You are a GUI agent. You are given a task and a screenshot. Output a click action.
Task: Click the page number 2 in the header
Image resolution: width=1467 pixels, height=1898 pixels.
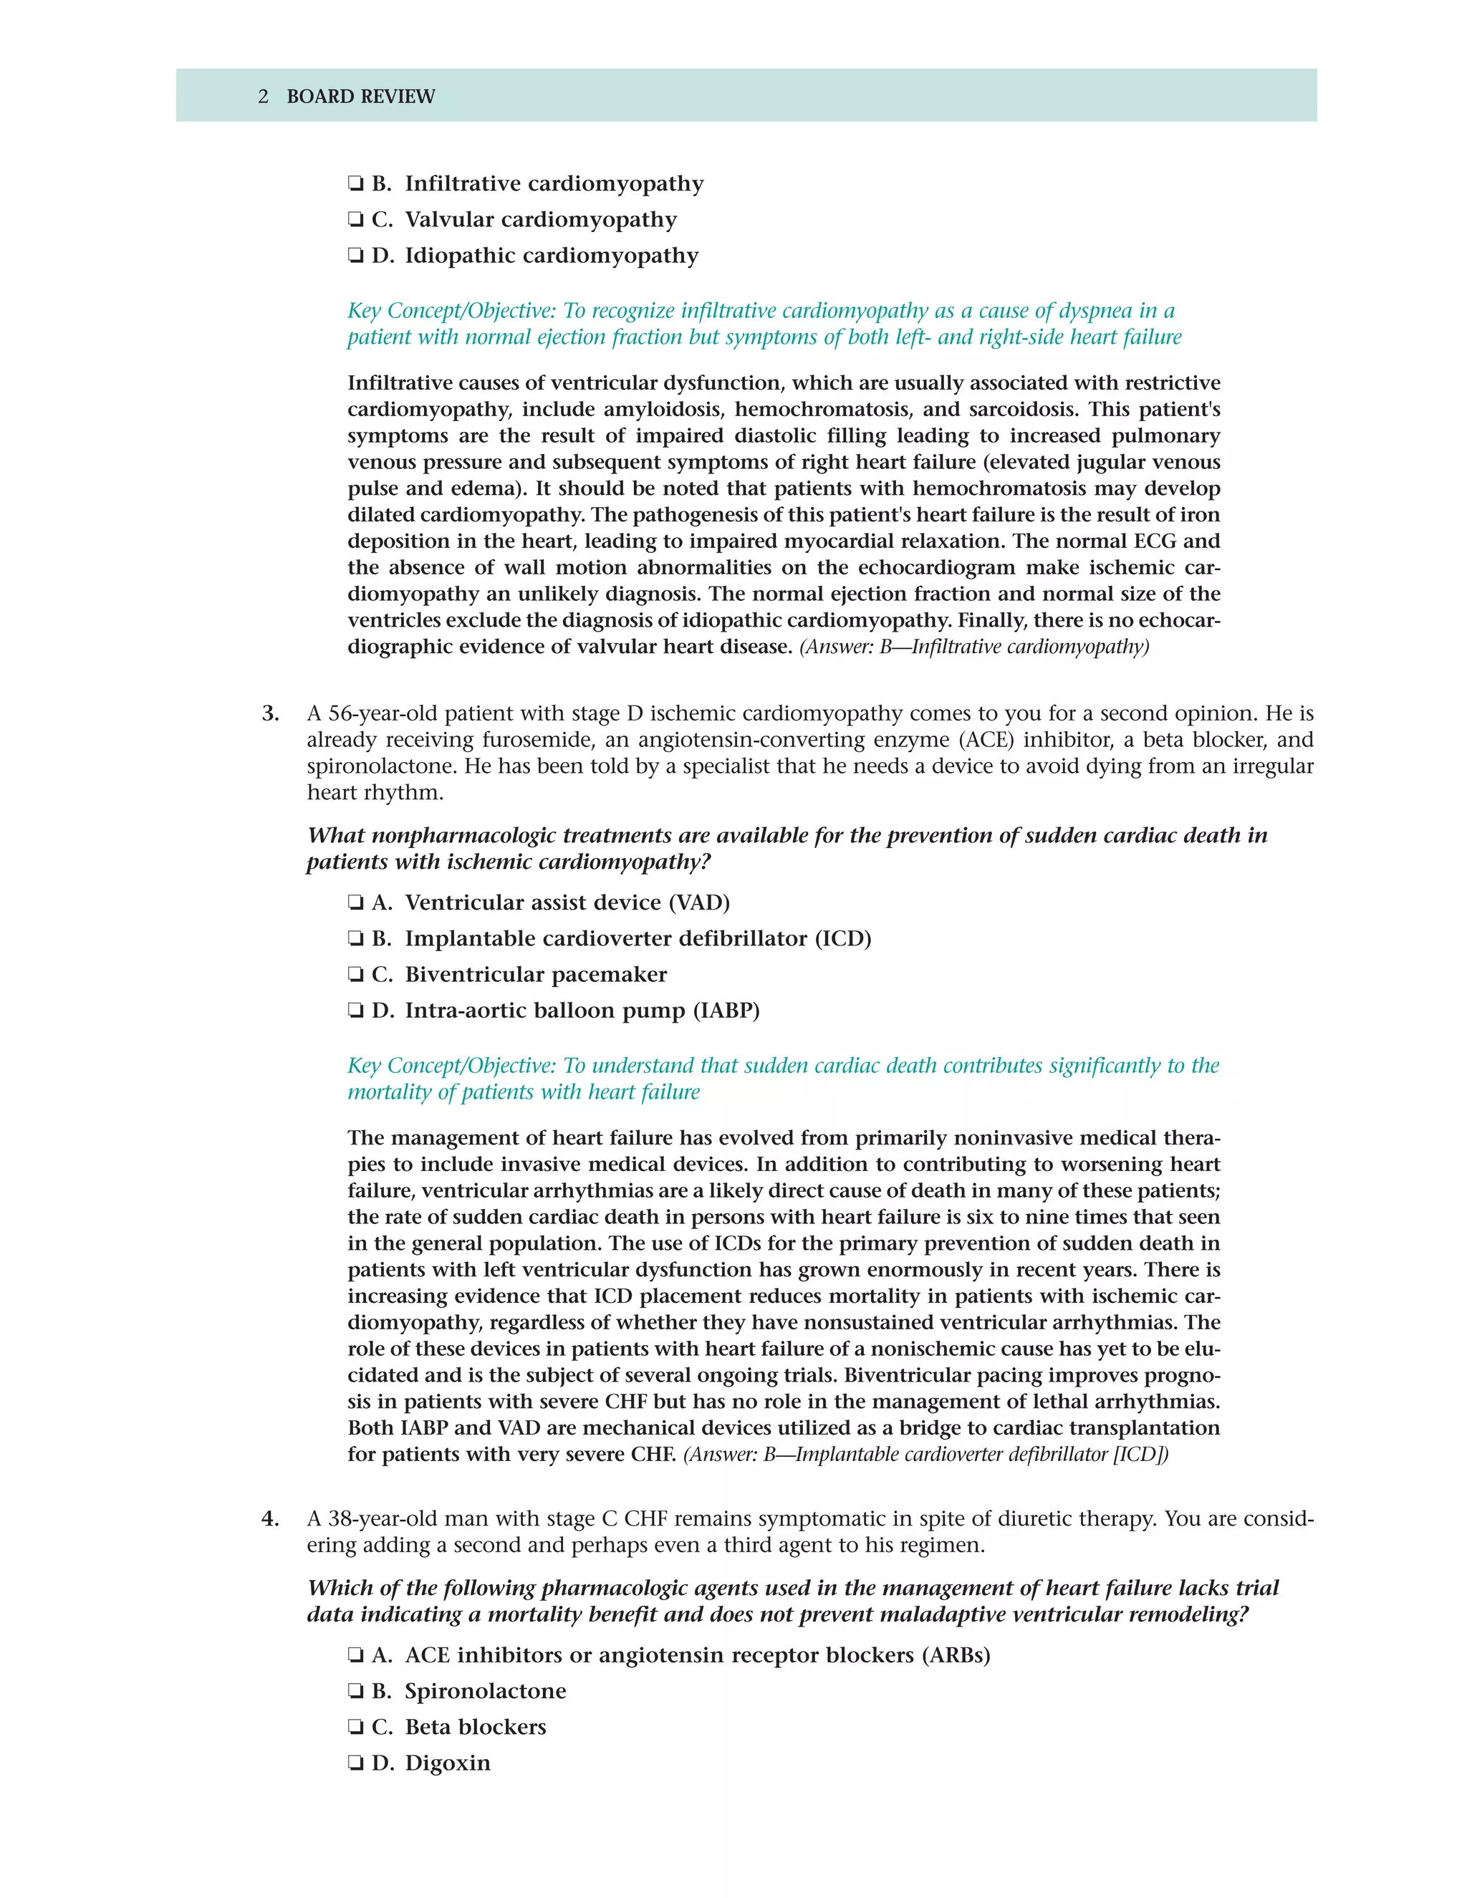pyautogui.click(x=264, y=97)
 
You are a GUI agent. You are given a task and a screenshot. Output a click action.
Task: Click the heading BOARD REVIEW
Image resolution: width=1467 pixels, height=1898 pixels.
pyautogui.click(x=361, y=97)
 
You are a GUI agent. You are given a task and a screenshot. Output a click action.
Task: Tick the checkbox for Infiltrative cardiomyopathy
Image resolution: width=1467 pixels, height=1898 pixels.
pyautogui.click(x=355, y=184)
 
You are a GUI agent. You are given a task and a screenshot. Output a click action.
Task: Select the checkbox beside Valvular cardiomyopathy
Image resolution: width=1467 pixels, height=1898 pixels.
pyautogui.click(x=355, y=220)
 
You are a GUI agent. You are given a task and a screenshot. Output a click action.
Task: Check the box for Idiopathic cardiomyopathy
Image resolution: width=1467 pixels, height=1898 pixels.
pyautogui.click(x=355, y=256)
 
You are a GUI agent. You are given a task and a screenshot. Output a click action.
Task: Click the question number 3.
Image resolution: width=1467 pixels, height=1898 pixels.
pyautogui.click(x=270, y=713)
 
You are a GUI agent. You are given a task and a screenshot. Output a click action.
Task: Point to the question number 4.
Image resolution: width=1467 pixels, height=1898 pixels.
pyautogui.click(x=270, y=1519)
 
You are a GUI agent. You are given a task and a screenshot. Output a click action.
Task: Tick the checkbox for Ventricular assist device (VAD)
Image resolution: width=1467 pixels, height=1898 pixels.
pyautogui.click(x=355, y=903)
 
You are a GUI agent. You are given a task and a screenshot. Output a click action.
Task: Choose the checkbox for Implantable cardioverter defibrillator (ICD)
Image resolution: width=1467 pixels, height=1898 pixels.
pyautogui.click(x=355, y=940)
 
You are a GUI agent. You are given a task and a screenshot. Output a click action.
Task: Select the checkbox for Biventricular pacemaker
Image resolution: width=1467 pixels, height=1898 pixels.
pyautogui.click(x=355, y=975)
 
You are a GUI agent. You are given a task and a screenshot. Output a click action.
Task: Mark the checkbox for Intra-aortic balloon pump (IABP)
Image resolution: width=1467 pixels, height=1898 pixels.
pyautogui.click(x=355, y=1011)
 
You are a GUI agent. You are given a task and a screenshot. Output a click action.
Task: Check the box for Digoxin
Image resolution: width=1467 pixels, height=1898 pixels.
pyautogui.click(x=355, y=1763)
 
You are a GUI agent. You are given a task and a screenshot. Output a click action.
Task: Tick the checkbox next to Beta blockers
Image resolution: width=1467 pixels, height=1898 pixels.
pyautogui.click(x=355, y=1728)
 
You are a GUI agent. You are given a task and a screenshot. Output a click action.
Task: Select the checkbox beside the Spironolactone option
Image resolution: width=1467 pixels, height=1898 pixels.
pyautogui.click(x=355, y=1691)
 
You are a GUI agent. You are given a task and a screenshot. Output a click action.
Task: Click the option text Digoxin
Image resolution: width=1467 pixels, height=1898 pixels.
pyautogui.click(x=448, y=1763)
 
